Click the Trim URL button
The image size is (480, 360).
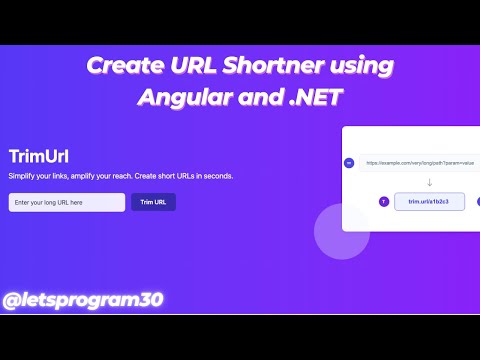click(x=153, y=202)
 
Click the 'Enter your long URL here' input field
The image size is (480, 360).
click(x=66, y=202)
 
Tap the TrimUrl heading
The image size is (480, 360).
click(x=38, y=156)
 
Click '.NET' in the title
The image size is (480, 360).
click(x=312, y=99)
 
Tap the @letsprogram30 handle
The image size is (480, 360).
click(x=83, y=299)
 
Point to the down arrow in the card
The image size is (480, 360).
click(x=401, y=181)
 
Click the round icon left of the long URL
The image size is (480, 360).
click(x=349, y=162)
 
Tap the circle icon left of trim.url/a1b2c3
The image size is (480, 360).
click(x=384, y=201)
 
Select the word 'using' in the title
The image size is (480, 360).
click(x=361, y=67)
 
